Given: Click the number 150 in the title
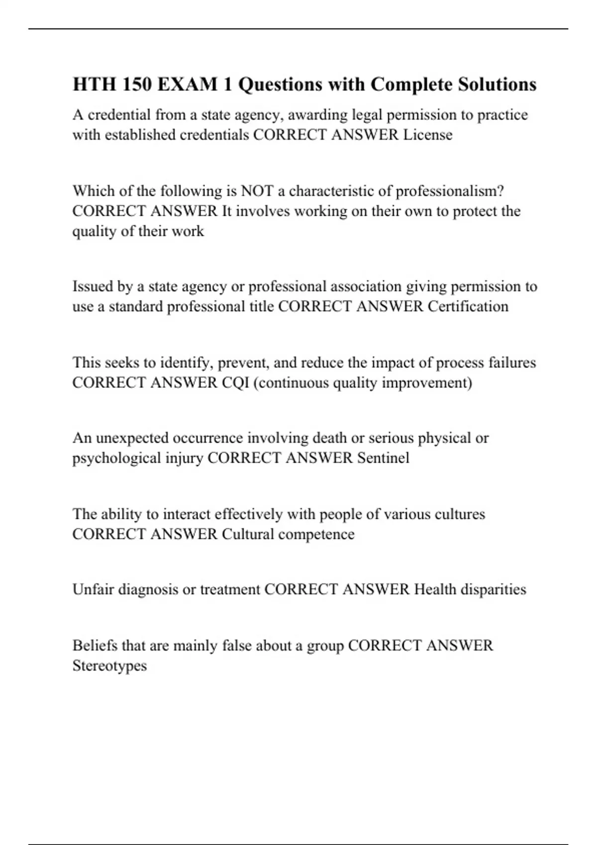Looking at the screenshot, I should (137, 84).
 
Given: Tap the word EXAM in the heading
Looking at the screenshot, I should (188, 84).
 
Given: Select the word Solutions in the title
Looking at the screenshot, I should (497, 84).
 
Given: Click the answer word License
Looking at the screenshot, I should (428, 135).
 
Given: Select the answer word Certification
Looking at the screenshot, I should (468, 306).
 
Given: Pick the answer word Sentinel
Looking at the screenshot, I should (383, 458).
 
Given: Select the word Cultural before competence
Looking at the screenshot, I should (248, 534).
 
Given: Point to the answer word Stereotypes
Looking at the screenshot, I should (109, 666).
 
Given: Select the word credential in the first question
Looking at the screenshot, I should (119, 115).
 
